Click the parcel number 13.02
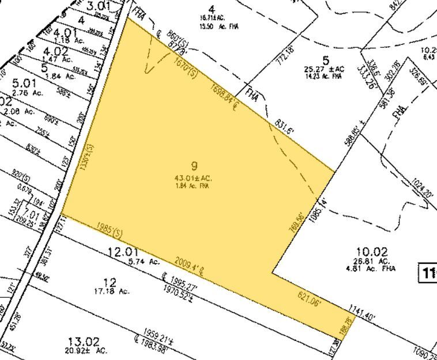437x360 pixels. (x=82, y=340)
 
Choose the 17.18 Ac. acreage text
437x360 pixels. (x=111, y=291)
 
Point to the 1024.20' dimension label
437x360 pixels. (x=423, y=190)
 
